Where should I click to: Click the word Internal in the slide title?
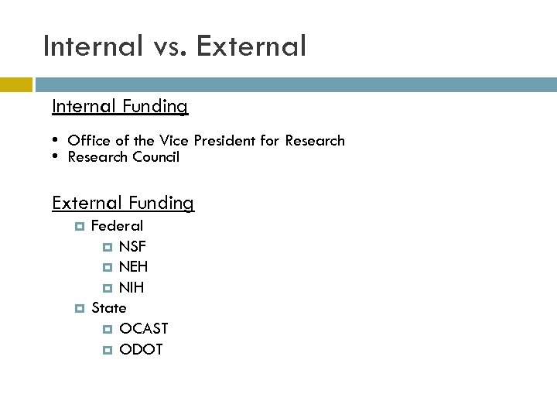[x=93, y=46]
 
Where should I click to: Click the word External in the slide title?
[x=251, y=46]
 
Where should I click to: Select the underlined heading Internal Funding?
[x=120, y=106]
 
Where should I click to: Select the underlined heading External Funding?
[x=123, y=203]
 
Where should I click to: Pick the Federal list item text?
[x=117, y=226]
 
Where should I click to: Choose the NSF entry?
[x=132, y=247]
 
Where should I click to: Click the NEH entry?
[x=133, y=267]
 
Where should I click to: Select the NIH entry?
[x=132, y=288]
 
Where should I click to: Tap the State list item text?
[x=109, y=308]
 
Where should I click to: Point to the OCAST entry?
[x=143, y=329]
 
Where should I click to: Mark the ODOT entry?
[x=141, y=349]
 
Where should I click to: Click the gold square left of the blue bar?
[x=15, y=84]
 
